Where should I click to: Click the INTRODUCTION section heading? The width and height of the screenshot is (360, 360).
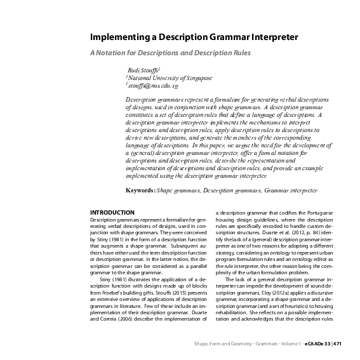point(112,212)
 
